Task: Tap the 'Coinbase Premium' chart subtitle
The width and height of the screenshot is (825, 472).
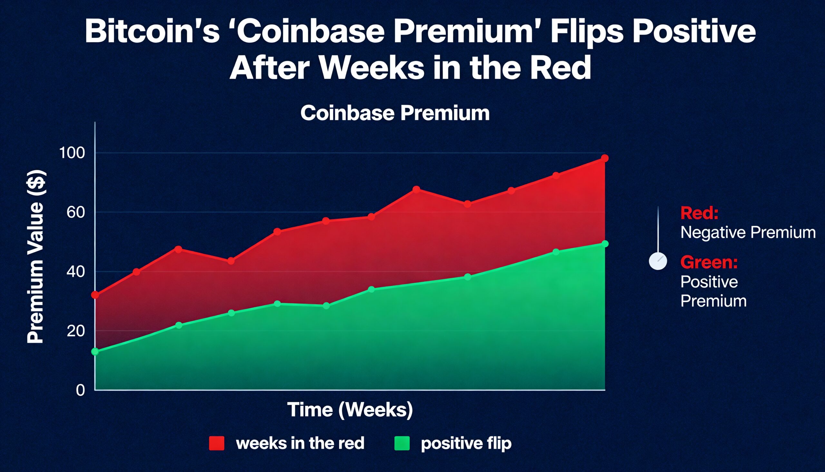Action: pyautogui.click(x=395, y=113)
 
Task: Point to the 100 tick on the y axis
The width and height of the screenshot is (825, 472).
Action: pyautogui.click(x=72, y=153)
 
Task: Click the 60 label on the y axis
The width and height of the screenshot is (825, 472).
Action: pyautogui.click(x=75, y=212)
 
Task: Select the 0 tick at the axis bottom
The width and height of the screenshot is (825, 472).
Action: pyautogui.click(x=80, y=390)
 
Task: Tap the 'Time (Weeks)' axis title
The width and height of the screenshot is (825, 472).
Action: pyautogui.click(x=350, y=409)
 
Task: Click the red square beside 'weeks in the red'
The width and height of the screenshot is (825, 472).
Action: pyautogui.click(x=216, y=443)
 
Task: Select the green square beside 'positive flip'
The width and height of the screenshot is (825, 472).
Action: pyautogui.click(x=402, y=443)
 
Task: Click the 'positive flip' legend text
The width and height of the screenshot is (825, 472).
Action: pyautogui.click(x=466, y=443)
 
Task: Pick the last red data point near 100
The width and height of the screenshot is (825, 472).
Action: pyautogui.click(x=605, y=158)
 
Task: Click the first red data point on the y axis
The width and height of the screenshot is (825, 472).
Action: pyautogui.click(x=95, y=295)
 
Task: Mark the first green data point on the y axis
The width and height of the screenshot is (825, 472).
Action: pyautogui.click(x=95, y=352)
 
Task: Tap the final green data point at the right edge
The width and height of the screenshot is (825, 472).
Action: pyautogui.click(x=605, y=244)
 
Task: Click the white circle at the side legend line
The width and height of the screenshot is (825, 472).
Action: pyautogui.click(x=658, y=261)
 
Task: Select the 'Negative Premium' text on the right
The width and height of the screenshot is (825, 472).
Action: pyautogui.click(x=748, y=232)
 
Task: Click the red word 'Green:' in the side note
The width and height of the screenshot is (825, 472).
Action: pyautogui.click(x=709, y=262)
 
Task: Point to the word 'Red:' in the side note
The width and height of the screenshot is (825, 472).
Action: pyautogui.click(x=699, y=213)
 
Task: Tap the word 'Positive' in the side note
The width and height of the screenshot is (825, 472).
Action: pyautogui.click(x=709, y=282)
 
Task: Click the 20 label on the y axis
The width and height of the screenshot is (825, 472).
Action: pyautogui.click(x=75, y=331)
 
